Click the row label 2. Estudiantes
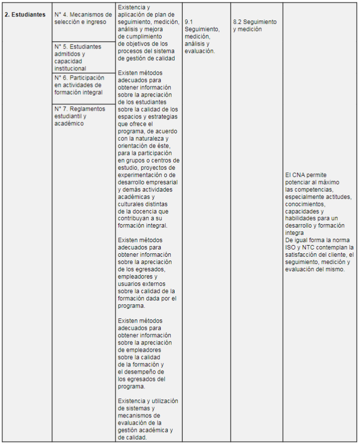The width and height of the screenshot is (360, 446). click(25, 15)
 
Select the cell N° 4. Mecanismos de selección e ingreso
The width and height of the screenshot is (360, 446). click(83, 18)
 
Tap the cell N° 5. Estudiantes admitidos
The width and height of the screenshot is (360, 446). click(78, 57)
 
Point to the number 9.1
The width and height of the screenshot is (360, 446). click(189, 22)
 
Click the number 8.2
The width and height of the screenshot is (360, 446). click(237, 22)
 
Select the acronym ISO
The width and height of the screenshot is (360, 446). click(290, 248)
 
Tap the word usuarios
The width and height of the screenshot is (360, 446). click(130, 284)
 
